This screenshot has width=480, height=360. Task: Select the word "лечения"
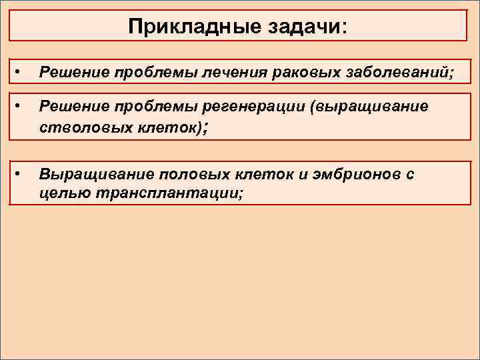point(241,72)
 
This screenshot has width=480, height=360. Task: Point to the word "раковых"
point(299,72)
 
